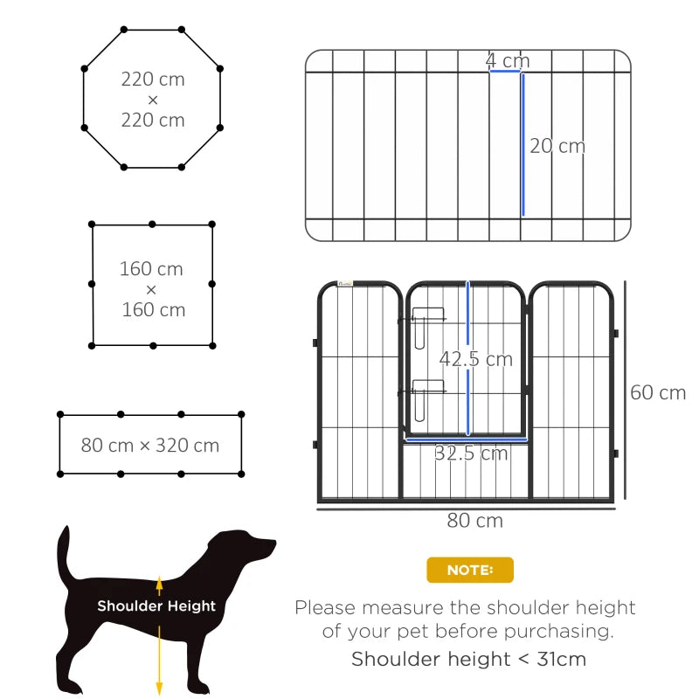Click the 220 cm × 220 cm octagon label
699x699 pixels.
pos(153,100)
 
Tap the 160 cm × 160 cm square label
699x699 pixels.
pos(153,288)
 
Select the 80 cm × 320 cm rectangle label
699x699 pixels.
pos(150,446)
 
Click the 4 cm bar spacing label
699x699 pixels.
pos(508,61)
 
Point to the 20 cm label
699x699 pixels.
pos(557,146)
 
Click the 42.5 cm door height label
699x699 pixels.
pos(476,359)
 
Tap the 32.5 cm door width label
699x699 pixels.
pos(471,453)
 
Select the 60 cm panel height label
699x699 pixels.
pos(658,392)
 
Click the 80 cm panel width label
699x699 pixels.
pos(475,521)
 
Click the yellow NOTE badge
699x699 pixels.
pos(470,570)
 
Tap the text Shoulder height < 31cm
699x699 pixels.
pos(468,659)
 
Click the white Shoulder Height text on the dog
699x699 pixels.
pos(156,606)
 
